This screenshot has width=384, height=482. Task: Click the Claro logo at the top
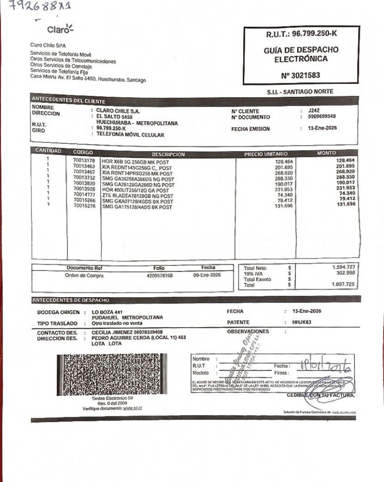59,30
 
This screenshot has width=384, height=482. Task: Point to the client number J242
314,111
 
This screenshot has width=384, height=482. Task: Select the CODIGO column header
83,152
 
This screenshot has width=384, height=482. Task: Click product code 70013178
84,160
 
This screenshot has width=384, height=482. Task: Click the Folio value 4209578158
159,276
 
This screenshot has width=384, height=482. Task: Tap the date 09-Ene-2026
207,275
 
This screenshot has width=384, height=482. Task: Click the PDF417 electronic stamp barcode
113,374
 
